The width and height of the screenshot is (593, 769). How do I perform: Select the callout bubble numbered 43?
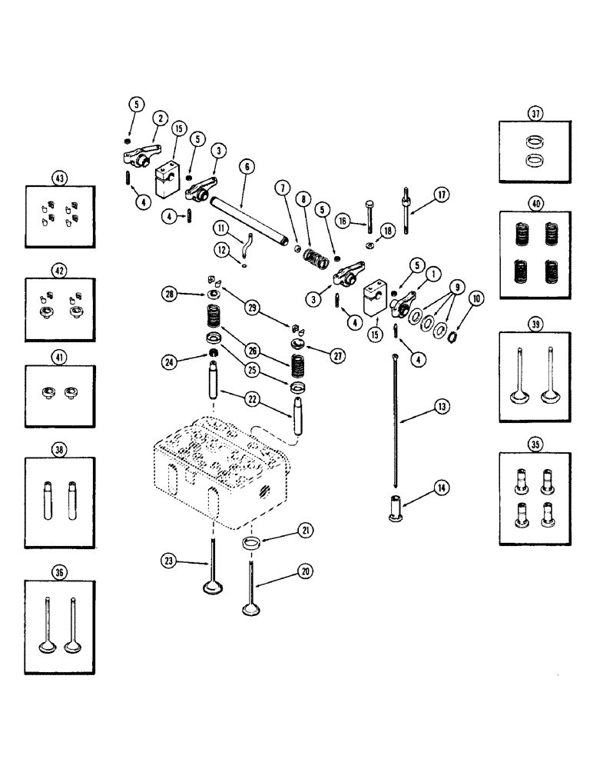[58, 178]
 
